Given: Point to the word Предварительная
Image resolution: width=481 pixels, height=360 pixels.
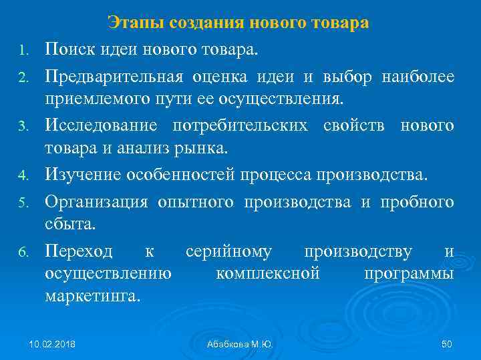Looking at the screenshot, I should click(114, 77).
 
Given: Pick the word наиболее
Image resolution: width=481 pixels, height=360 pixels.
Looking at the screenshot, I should click(418, 77).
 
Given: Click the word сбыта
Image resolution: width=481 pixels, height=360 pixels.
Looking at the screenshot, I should click(70, 224).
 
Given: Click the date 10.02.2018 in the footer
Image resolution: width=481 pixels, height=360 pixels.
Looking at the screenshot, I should click(52, 344).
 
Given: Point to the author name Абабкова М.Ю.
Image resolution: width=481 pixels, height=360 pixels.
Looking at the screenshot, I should click(240, 344).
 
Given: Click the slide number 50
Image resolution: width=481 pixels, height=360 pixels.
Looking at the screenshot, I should click(447, 344).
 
